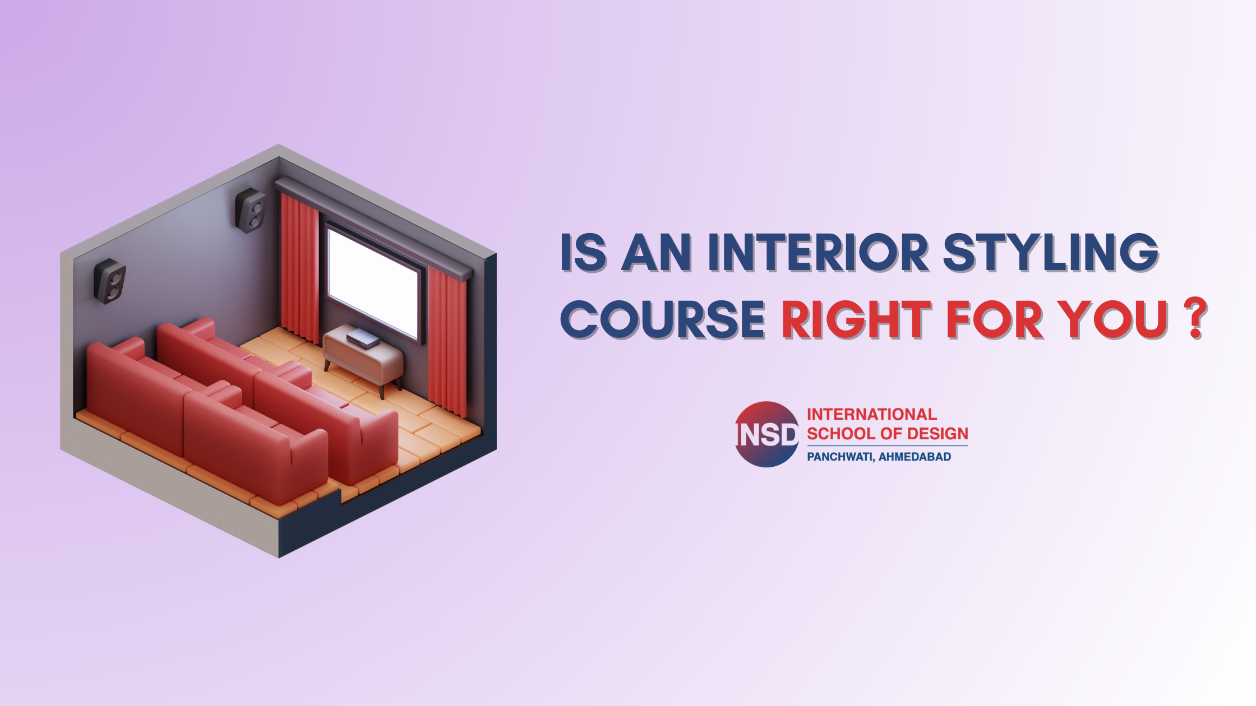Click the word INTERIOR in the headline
point(818,253)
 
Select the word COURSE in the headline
point(662,319)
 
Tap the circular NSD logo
point(766,434)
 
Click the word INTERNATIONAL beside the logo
point(871,415)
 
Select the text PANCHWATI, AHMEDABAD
point(879,457)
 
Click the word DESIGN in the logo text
point(938,434)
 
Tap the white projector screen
point(373,283)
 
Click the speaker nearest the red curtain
point(251,210)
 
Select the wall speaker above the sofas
point(109,281)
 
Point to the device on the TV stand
point(362,338)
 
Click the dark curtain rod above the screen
point(373,227)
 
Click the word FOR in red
point(995,319)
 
